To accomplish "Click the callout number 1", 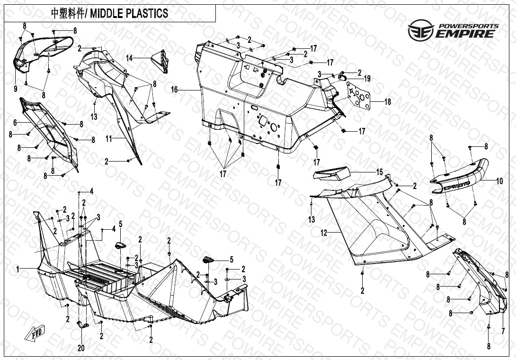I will click(x=18, y=269).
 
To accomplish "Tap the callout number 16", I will click(x=174, y=89).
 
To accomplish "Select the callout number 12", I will click(x=324, y=233).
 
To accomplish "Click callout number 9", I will click(x=15, y=89).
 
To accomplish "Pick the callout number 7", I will click(x=502, y=330).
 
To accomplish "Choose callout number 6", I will click(x=15, y=122).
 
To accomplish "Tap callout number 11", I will click(x=108, y=139).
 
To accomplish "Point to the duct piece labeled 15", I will click(x=331, y=175).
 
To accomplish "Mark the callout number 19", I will click(x=367, y=79).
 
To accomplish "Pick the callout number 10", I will click(x=499, y=180).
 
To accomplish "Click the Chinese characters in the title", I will click(x=67, y=14).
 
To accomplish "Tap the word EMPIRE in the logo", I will click(x=466, y=34).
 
